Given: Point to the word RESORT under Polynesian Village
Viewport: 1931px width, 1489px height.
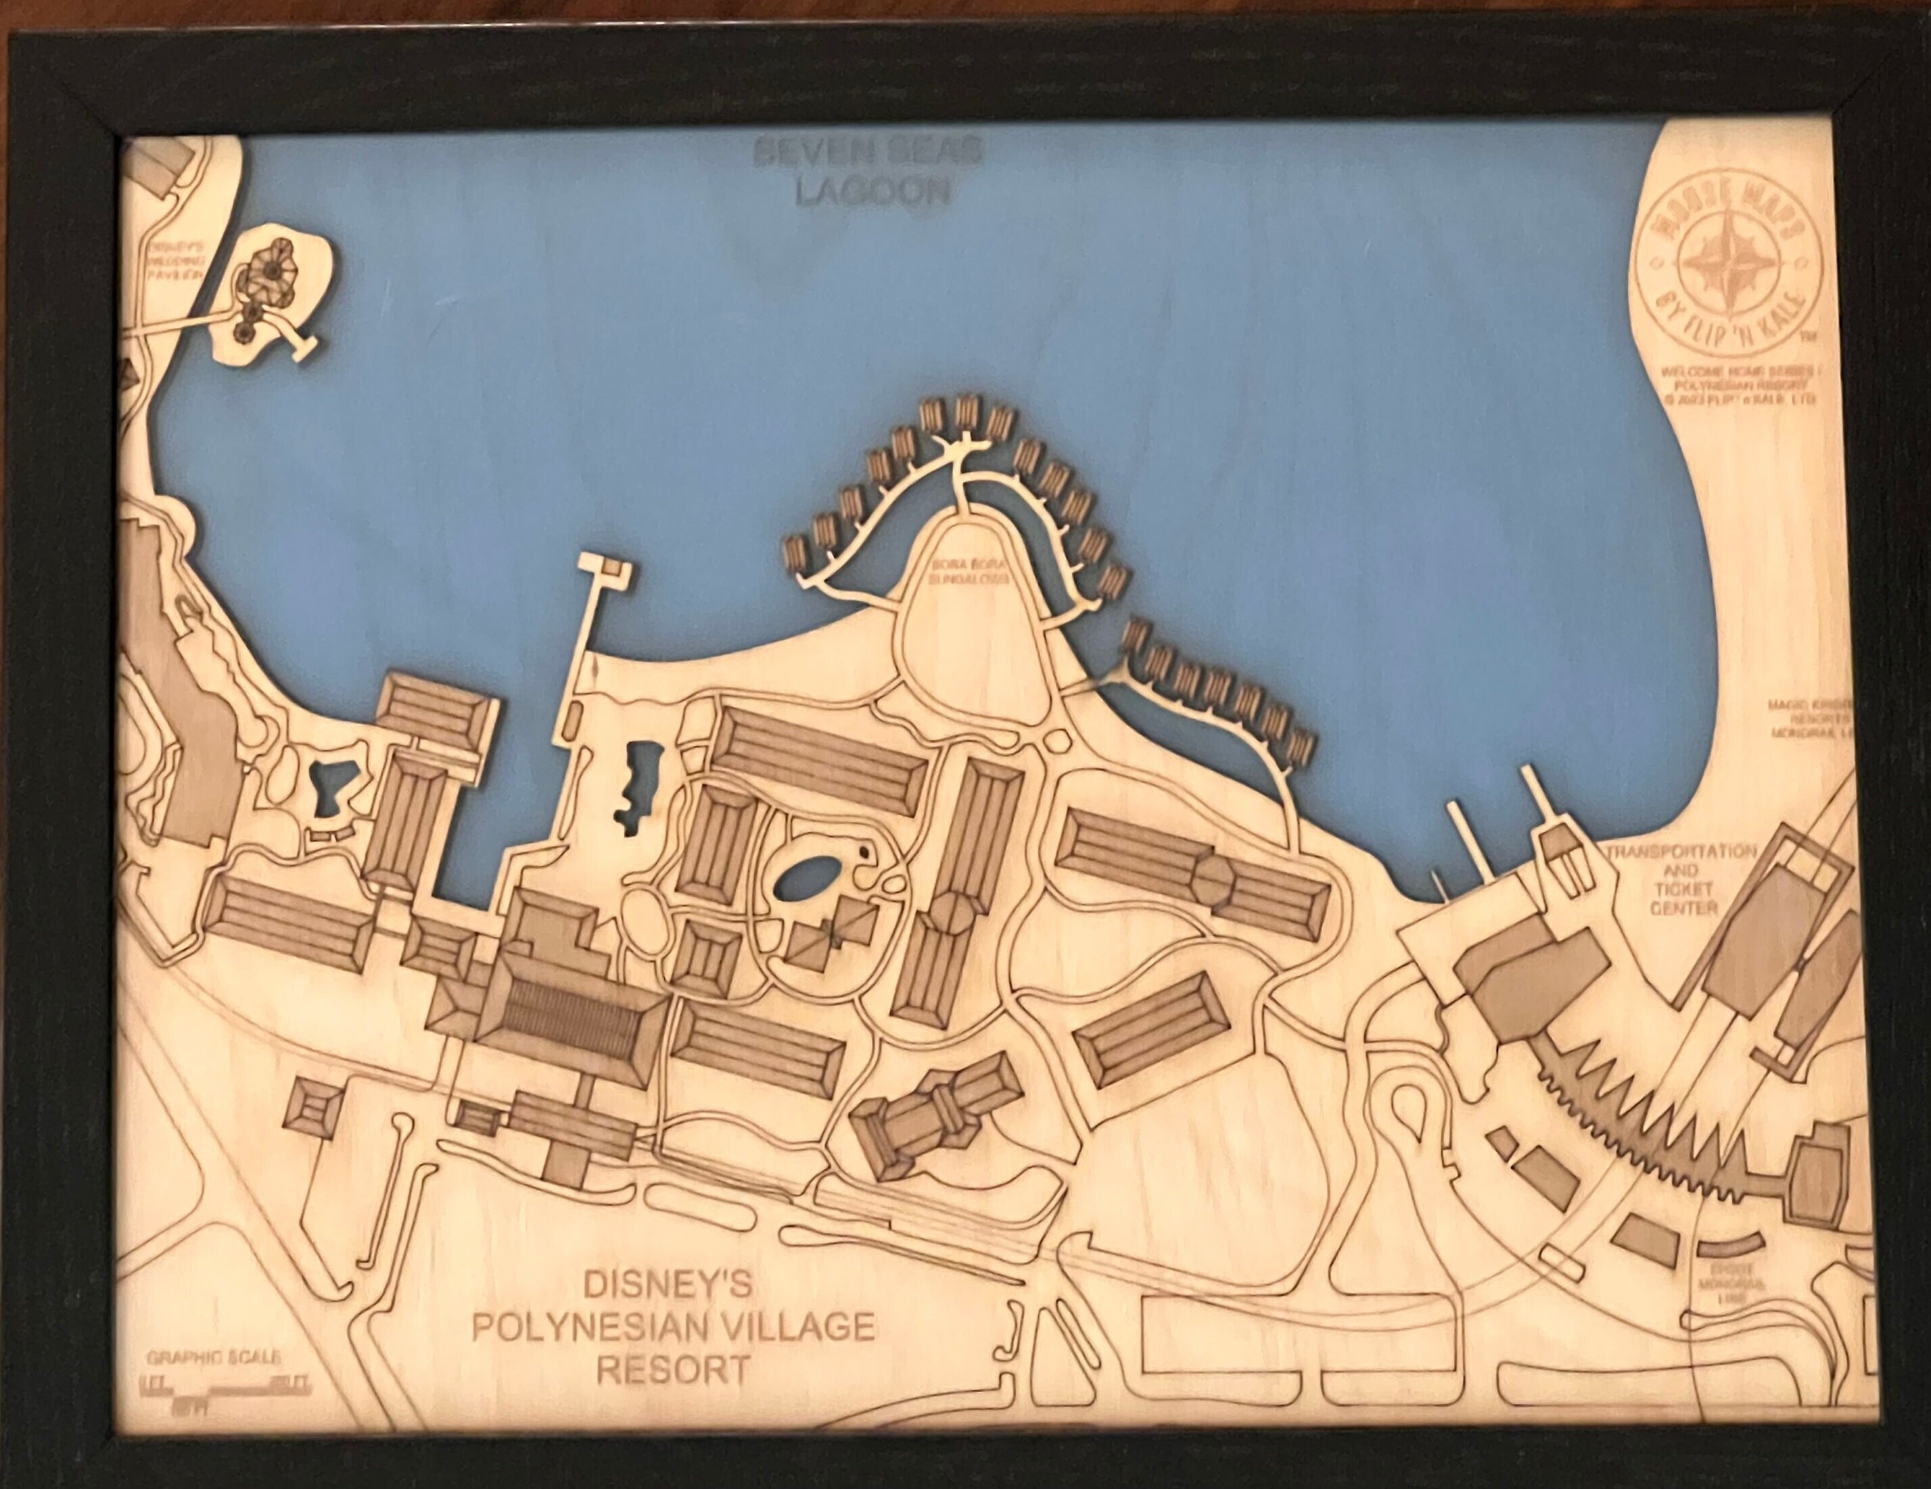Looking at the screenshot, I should click(673, 1371).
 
